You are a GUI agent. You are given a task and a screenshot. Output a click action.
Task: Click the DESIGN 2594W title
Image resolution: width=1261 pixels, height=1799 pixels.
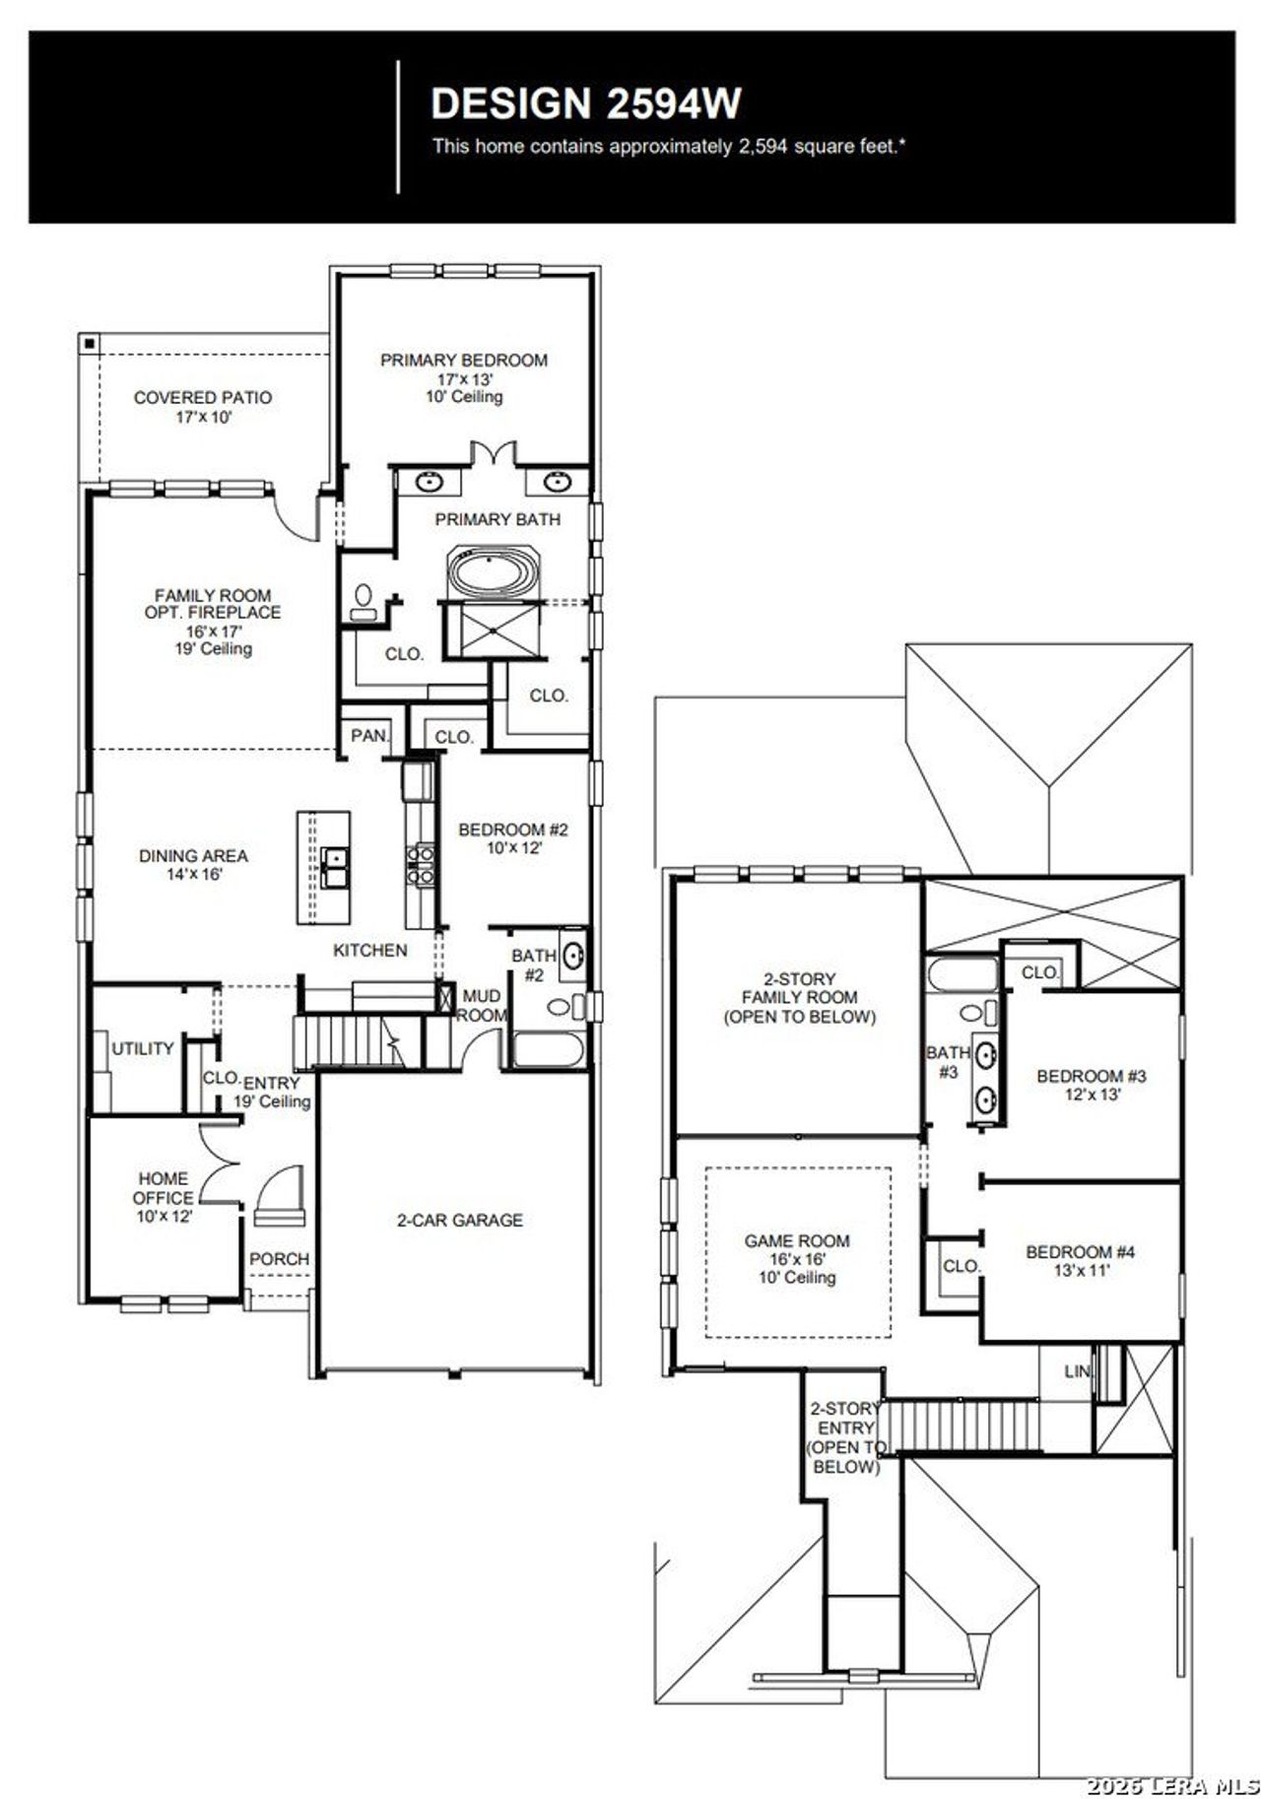[x=586, y=103]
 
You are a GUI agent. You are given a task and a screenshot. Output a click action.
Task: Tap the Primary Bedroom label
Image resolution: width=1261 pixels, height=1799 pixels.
[x=464, y=361]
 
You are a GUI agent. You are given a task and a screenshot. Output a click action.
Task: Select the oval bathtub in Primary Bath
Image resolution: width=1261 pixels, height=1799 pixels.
[x=494, y=571]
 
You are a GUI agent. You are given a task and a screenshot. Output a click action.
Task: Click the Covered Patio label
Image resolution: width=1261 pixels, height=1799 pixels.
[x=203, y=398]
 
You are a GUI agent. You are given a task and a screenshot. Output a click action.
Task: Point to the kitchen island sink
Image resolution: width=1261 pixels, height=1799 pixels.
[x=333, y=867]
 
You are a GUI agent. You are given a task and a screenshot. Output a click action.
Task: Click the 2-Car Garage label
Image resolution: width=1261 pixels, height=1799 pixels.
[x=459, y=1220]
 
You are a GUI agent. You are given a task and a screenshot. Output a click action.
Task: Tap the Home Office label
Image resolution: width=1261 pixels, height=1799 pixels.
[x=164, y=1188]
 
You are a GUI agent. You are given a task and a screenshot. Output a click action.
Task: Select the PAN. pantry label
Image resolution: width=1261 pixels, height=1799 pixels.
[x=369, y=736]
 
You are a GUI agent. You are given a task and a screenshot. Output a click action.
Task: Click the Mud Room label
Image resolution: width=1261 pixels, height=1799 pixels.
[x=482, y=1006]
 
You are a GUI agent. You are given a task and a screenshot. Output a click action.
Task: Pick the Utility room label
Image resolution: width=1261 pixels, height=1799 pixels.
[x=143, y=1048]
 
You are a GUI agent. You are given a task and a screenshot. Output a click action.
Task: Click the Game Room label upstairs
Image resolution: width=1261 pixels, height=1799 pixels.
[x=797, y=1241]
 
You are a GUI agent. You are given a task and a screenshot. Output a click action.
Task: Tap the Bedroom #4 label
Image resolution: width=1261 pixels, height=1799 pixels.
[x=1081, y=1252]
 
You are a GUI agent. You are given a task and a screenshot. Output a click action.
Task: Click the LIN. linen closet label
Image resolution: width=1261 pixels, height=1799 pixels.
[x=1077, y=1371]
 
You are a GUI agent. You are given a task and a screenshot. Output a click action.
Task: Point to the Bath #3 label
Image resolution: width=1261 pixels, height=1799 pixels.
[x=948, y=1062]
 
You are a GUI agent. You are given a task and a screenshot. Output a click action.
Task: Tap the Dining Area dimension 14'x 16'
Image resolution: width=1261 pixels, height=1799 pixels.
[x=194, y=875]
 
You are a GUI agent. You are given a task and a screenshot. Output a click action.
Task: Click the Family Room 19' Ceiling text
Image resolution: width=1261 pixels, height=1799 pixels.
[x=214, y=649]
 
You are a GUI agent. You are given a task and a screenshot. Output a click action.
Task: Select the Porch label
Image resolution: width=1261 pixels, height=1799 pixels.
[x=279, y=1259]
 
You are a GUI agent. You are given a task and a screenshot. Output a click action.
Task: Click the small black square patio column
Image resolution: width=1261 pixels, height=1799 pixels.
[x=89, y=343]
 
